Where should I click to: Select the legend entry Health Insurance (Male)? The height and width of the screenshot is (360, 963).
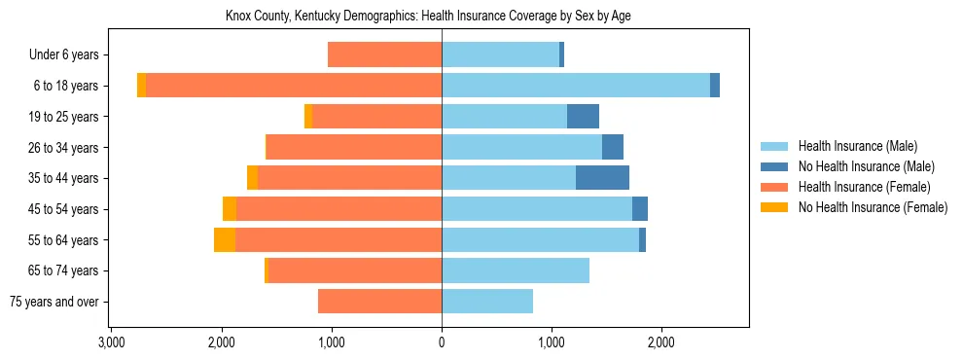click(x=857, y=146)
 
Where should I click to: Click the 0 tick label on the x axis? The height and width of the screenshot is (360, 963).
click(x=442, y=342)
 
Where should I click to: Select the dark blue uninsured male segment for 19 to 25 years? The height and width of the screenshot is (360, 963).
click(x=583, y=116)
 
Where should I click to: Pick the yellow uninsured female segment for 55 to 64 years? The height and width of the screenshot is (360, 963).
click(x=225, y=239)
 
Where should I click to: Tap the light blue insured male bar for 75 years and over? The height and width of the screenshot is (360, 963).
click(x=487, y=301)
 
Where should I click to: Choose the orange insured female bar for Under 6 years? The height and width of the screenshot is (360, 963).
click(x=385, y=54)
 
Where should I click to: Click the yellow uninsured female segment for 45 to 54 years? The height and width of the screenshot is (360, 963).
click(x=230, y=208)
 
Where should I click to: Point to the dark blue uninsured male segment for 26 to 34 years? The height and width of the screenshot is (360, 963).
click(x=613, y=147)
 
